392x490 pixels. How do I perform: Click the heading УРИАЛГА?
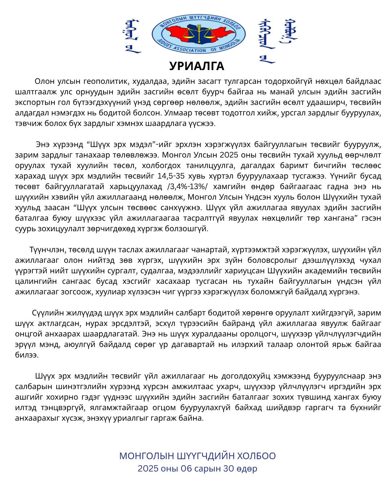point(196,66)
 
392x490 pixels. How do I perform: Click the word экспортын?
point(33,102)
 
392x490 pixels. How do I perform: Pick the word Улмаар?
point(176,113)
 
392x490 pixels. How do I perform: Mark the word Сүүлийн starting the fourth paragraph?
point(46,313)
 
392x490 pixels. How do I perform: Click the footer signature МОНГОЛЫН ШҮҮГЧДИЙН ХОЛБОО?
point(197,456)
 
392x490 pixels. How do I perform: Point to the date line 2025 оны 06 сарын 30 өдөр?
point(197,469)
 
